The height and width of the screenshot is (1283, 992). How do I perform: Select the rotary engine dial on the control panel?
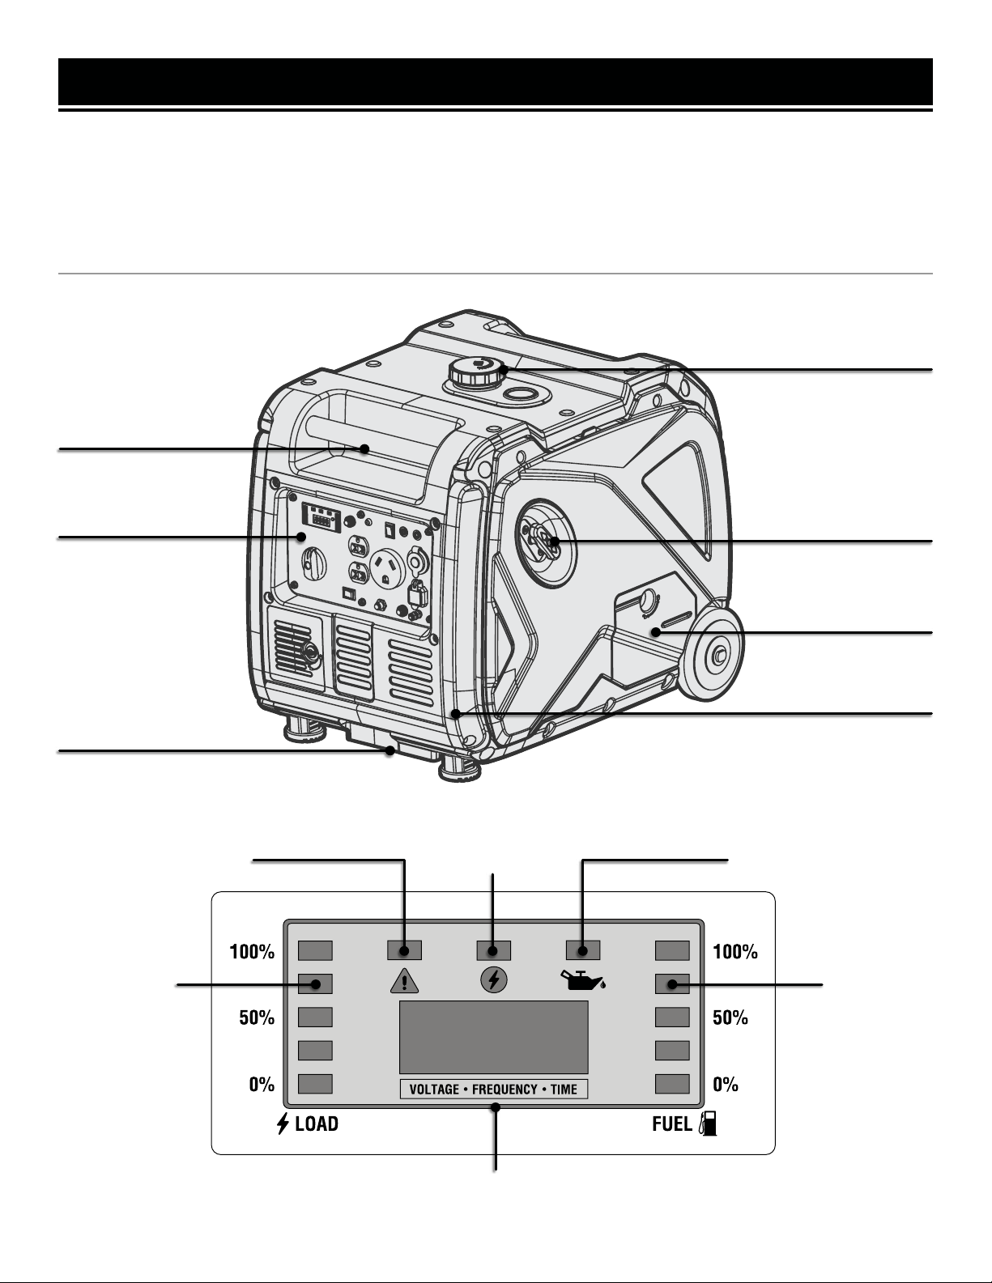click(x=313, y=563)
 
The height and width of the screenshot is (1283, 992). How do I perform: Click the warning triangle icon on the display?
click(x=404, y=981)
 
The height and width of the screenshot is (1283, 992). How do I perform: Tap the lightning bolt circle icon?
click(x=494, y=980)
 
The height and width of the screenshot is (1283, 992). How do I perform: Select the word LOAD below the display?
click(x=317, y=1124)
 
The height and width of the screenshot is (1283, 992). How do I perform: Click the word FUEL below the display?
click(x=672, y=1124)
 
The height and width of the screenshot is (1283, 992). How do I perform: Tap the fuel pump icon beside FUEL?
click(x=708, y=1123)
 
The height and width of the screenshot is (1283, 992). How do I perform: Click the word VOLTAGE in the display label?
click(x=434, y=1090)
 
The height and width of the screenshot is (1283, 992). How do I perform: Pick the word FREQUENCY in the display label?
click(x=505, y=1090)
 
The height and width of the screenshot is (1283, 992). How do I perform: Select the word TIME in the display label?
click(x=564, y=1090)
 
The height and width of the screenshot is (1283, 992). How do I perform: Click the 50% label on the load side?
click(x=257, y=1017)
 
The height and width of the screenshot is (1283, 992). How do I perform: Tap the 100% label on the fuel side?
click(x=735, y=951)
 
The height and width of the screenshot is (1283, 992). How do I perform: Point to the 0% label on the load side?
click(x=262, y=1084)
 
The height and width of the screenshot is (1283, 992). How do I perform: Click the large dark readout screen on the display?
click(x=494, y=1037)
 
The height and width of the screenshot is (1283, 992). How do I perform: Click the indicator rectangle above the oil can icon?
click(x=583, y=950)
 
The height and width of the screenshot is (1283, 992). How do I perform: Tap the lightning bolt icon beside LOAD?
click(x=283, y=1124)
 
